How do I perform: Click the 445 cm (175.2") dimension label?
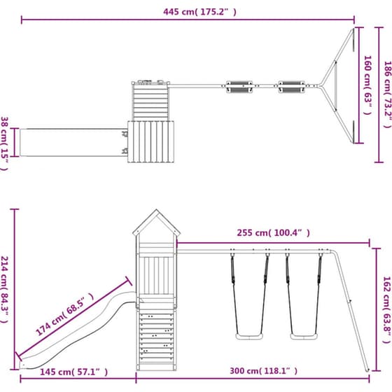point(199,12)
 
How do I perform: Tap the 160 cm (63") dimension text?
point(367,85)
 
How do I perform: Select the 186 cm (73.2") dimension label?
point(388,94)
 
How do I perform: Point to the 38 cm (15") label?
point(4,143)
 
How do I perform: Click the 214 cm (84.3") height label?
point(4,289)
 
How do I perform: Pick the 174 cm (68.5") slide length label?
point(65,314)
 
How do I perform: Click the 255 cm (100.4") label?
point(273,232)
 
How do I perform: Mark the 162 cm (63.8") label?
point(387,309)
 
